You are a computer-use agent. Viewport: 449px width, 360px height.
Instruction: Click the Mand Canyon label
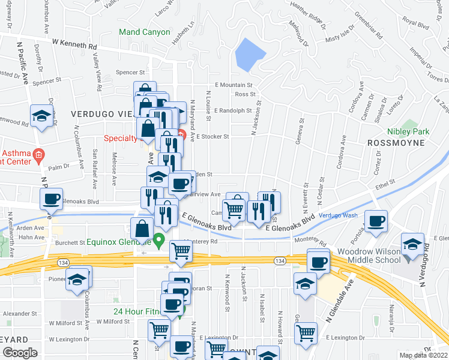[x=145, y=32]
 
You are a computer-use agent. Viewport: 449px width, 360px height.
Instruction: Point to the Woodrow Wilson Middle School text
[x=369, y=254]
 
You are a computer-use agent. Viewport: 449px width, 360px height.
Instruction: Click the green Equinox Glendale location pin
[x=158, y=241]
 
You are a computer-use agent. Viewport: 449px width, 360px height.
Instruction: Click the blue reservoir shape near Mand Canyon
[x=251, y=55]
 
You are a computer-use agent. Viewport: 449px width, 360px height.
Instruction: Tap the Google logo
[x=20, y=353]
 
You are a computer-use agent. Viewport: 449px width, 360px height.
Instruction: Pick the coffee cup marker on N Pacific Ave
[x=52, y=199]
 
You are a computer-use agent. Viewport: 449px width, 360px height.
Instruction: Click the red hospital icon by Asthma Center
[x=38, y=154]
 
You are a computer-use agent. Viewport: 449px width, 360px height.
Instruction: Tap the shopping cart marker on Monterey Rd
[x=181, y=251]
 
